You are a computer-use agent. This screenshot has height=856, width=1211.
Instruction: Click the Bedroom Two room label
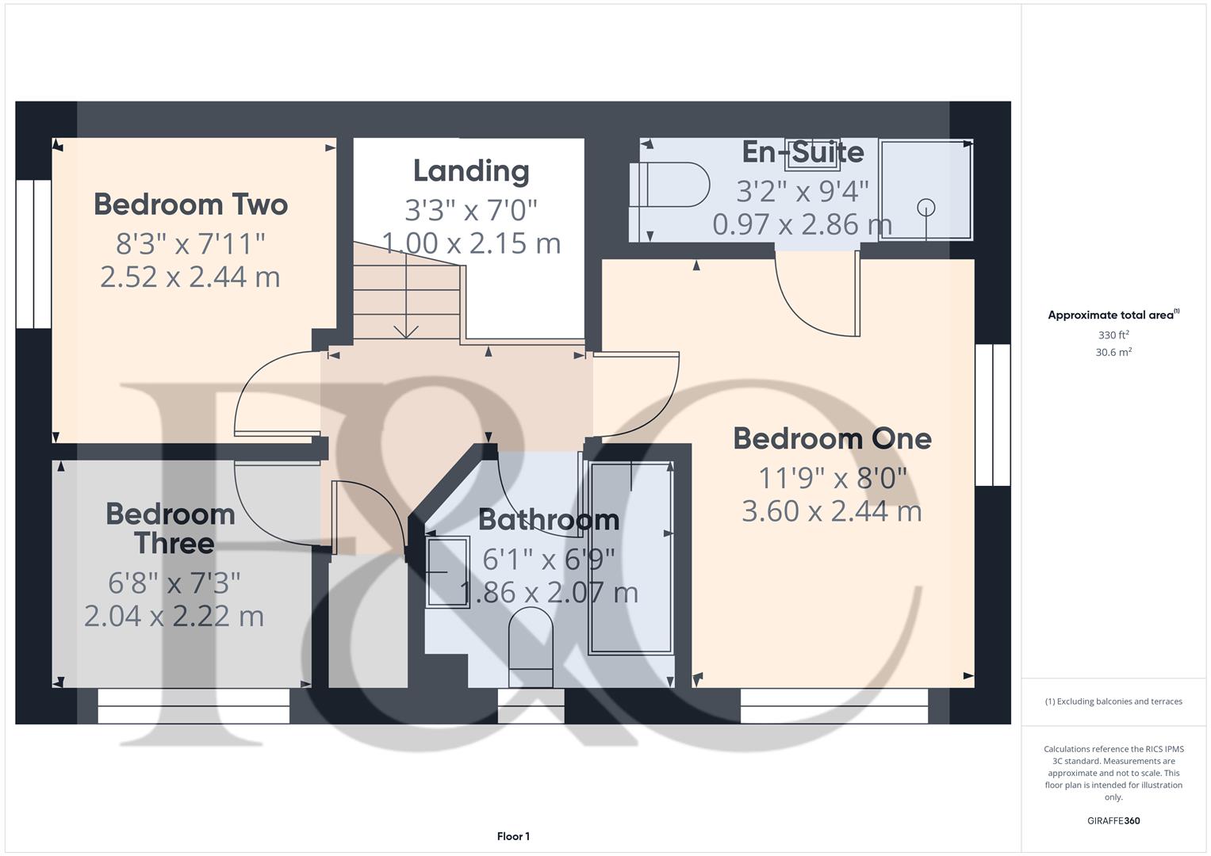190,204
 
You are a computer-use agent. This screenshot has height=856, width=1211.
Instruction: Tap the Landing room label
471,171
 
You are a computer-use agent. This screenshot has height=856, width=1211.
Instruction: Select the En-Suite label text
803,152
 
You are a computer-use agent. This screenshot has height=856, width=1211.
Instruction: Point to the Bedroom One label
832,438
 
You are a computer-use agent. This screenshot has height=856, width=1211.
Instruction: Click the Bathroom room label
549,520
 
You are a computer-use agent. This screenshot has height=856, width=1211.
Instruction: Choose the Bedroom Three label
171,529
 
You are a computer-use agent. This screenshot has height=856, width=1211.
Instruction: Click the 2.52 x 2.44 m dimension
190,277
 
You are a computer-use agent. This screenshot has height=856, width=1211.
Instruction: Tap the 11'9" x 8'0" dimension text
832,478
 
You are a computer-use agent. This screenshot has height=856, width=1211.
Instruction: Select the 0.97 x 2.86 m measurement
802,225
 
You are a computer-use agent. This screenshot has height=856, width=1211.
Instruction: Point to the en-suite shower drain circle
925,208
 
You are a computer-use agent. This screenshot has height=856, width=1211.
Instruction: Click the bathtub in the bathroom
630,559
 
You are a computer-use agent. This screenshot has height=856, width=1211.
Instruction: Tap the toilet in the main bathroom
530,646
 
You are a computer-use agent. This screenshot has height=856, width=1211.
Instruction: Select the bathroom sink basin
438,571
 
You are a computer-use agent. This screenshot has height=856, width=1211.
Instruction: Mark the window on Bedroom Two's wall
34,254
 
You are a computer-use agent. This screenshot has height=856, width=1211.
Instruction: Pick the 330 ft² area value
1113,335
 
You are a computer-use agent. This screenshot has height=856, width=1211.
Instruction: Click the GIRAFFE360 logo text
1113,820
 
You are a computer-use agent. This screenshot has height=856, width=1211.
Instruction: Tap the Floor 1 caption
513,836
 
